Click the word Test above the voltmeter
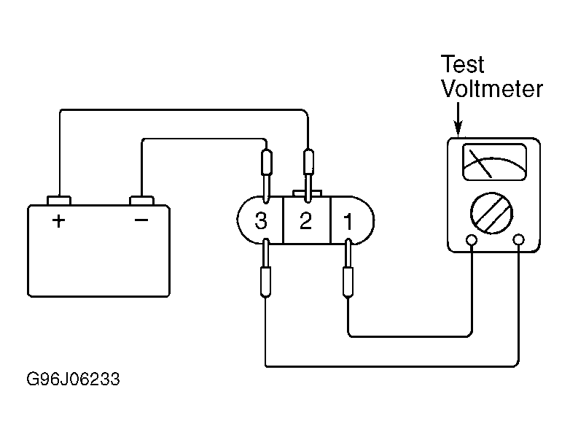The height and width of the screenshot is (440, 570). [x=462, y=64]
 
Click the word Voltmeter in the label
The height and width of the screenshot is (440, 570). [x=492, y=88]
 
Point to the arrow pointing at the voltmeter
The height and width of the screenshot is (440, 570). [x=458, y=119]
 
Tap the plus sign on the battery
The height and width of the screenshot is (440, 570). [x=58, y=221]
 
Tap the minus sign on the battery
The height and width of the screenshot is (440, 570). [x=141, y=220]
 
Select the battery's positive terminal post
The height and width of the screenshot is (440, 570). [x=59, y=200]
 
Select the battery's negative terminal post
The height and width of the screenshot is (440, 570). [x=142, y=200]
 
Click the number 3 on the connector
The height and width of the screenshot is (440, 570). [x=261, y=221]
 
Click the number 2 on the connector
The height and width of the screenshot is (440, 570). [x=305, y=220]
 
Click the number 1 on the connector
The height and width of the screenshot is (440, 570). [x=348, y=221]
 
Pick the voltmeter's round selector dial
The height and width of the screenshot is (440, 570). [x=491, y=213]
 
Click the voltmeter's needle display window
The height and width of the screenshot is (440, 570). [x=494, y=162]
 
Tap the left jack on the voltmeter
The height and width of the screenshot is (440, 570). [x=472, y=240]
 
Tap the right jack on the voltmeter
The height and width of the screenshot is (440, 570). [x=518, y=240]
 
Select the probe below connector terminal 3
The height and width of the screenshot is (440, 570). [x=266, y=268]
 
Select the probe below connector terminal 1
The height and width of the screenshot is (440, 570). [x=348, y=268]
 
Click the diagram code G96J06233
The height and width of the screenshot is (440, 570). [x=73, y=379]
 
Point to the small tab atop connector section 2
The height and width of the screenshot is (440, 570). [x=307, y=193]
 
